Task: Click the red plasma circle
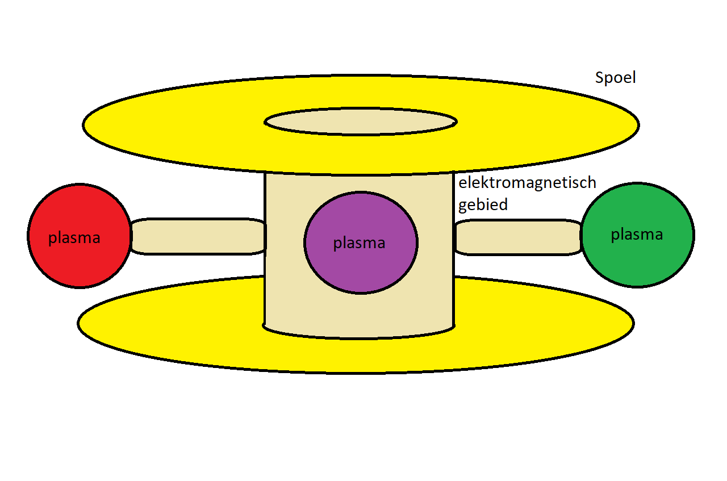tap(80, 261)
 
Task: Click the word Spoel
tap(616, 77)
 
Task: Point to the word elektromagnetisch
tap(527, 183)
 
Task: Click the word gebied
tap(483, 204)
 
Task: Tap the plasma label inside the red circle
tap(74, 238)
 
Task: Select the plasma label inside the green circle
tap(637, 235)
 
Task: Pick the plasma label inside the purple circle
tap(359, 243)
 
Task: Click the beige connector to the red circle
tap(198, 236)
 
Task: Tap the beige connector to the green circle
tap(518, 237)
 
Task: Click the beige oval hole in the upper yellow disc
tap(360, 121)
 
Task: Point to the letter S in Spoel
tap(600, 77)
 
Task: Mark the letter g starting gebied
tap(463, 206)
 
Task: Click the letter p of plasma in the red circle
tap(52, 239)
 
